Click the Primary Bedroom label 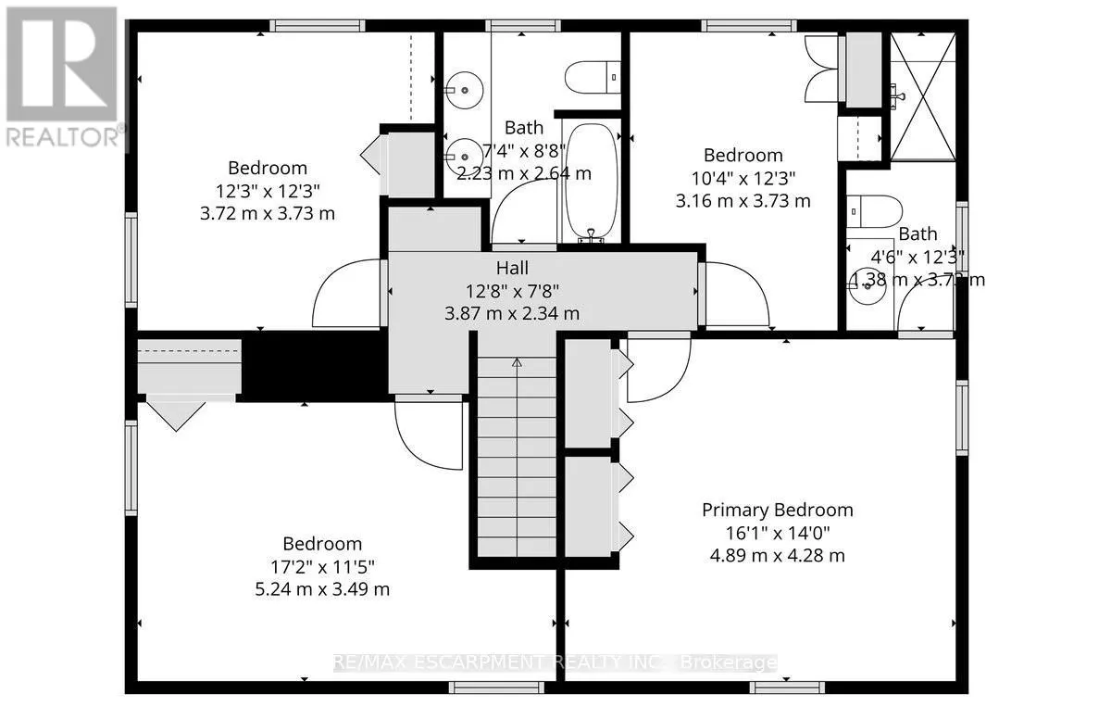(x=777, y=510)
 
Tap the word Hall (x=512, y=268)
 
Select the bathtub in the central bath (x=584, y=182)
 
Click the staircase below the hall (x=516, y=454)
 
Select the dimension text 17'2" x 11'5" (x=322, y=567)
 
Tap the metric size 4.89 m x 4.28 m (x=777, y=556)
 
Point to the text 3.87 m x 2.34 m (x=512, y=313)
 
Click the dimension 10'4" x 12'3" (x=743, y=178)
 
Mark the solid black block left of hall (x=313, y=365)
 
